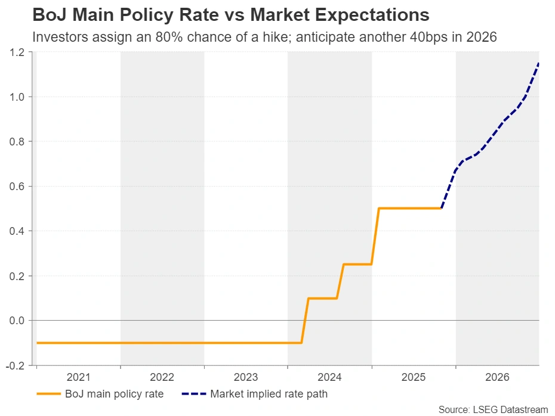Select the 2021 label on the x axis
[x=78, y=377]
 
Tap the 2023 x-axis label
[x=246, y=377]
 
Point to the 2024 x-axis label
[x=329, y=377]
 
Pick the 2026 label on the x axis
[x=497, y=377]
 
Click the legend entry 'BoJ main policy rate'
[x=114, y=393]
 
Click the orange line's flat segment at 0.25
[x=357, y=264]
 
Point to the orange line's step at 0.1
[x=322, y=298]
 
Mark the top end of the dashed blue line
[x=538, y=63]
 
